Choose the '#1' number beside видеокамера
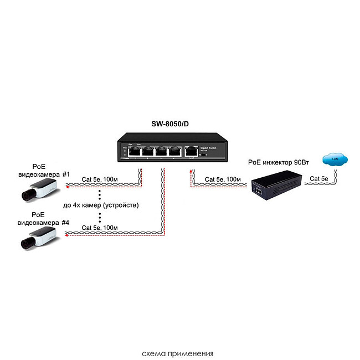coord(66,174)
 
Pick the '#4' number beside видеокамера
coord(66,223)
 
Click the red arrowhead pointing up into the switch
coord(190,172)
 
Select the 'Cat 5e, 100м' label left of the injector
coord(223,179)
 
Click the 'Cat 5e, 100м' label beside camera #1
coord(100,179)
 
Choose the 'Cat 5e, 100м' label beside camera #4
coord(100,228)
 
